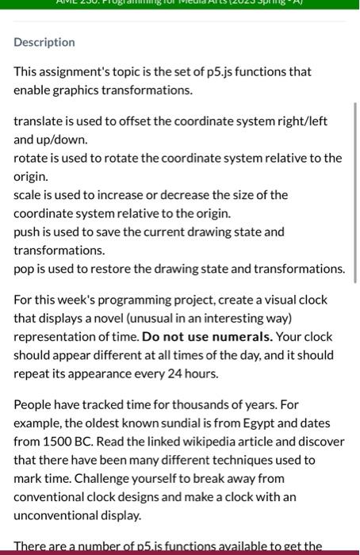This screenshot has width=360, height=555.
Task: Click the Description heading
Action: point(44,42)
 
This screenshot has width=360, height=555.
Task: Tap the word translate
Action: point(37,121)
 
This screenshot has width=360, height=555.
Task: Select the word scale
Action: point(28,195)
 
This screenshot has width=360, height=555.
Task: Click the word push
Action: point(26,232)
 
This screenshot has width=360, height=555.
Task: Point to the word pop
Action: point(24,269)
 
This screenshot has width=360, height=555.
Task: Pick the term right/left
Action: point(302,121)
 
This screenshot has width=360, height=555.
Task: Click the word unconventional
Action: point(56,515)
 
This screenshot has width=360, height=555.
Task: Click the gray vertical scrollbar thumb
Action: point(355,193)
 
